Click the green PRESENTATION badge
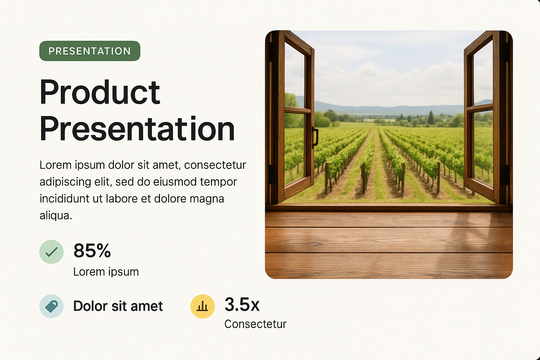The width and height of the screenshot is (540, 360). [90, 51]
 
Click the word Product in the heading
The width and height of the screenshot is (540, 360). [100, 92]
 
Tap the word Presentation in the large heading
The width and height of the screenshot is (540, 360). [137, 129]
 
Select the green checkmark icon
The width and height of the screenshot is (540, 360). [51, 252]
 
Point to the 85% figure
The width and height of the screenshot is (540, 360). [92, 251]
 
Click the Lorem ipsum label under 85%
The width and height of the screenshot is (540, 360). [106, 272]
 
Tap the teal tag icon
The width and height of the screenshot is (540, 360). [51, 306]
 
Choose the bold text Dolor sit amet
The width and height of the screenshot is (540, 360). [118, 306]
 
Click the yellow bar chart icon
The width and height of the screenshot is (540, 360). [202, 306]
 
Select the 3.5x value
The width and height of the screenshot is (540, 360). [242, 304]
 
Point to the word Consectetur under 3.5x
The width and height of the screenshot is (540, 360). [256, 324]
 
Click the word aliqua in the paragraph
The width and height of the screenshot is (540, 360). [56, 216]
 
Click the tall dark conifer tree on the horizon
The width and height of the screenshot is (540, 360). [431, 118]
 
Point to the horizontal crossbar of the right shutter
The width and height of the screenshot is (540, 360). [480, 108]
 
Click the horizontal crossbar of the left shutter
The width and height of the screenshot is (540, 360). [298, 110]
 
